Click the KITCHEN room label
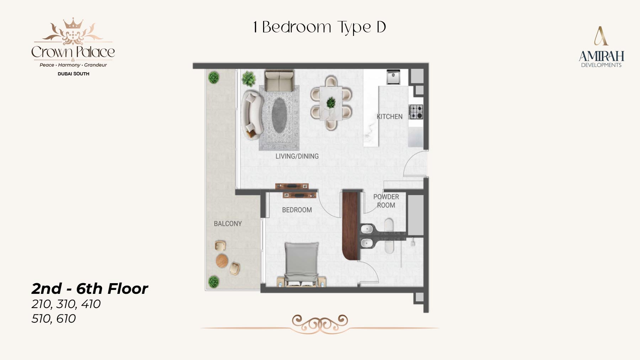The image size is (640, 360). tap(390, 117)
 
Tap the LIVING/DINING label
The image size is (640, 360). tap(297, 156)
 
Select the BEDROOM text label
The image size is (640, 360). tap(297, 210)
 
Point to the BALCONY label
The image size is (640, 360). tap(228, 224)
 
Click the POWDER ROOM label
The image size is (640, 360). tap(386, 201)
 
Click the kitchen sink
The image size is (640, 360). tap(393, 77)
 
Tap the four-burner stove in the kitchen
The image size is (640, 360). tap(416, 112)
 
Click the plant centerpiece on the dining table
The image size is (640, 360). tap(331, 102)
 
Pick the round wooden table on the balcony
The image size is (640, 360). tap(222, 261)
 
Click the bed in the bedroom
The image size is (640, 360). tap(302, 264)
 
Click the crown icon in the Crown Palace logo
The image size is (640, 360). tap(73, 23)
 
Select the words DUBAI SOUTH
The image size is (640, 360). tap(74, 74)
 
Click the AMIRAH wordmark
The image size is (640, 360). tap(601, 56)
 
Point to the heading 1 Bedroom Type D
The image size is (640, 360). tap(319, 27)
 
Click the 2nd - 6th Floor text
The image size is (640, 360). tap(90, 289)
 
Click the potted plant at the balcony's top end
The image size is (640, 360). tap(213, 77)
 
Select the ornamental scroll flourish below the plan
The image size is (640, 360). tap(320, 324)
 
